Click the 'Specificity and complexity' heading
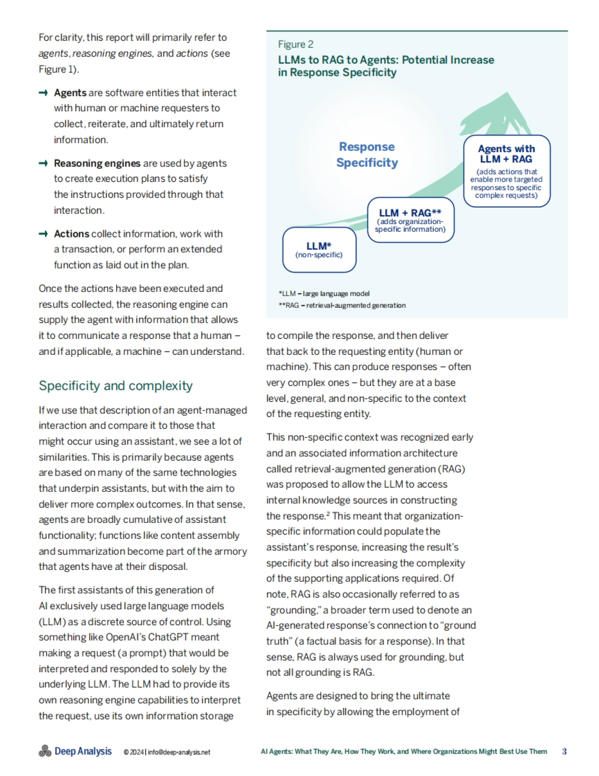tap(115, 386)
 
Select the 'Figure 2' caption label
tap(296, 44)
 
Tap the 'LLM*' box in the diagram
tap(319, 250)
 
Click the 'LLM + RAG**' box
tap(410, 220)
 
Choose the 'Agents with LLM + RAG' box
tap(506, 171)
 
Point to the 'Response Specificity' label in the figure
tap(367, 155)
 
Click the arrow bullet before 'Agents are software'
tap(43, 93)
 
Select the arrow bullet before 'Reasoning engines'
tap(43, 163)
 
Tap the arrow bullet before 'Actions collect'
tap(43, 234)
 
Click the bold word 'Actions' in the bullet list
tap(71, 234)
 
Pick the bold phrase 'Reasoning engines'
tap(97, 163)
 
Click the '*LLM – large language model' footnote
tap(324, 293)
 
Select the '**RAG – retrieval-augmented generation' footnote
tap(342, 305)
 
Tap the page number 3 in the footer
tap(564, 752)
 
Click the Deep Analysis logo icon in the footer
tap(45, 751)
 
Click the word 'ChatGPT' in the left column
tap(195, 637)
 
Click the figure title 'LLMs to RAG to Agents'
tap(386, 66)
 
